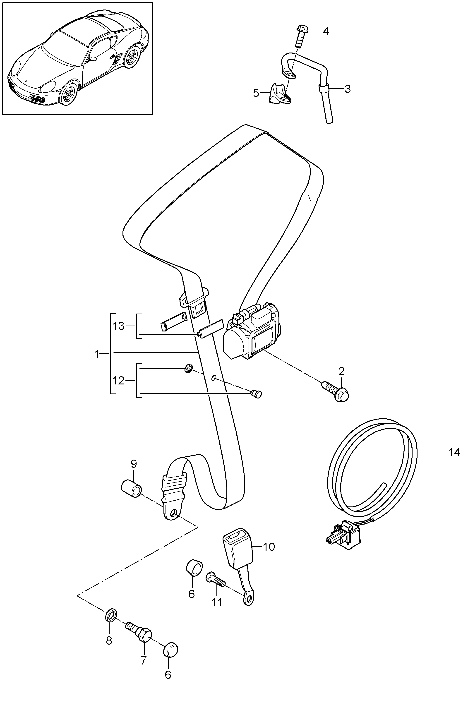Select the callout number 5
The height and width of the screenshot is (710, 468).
point(256,93)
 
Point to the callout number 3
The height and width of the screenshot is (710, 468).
point(347,89)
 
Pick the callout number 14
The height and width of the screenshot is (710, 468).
point(454,452)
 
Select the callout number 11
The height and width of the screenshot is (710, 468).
point(217,602)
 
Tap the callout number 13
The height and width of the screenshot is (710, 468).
point(118,326)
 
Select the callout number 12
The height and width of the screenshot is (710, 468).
point(118,381)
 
